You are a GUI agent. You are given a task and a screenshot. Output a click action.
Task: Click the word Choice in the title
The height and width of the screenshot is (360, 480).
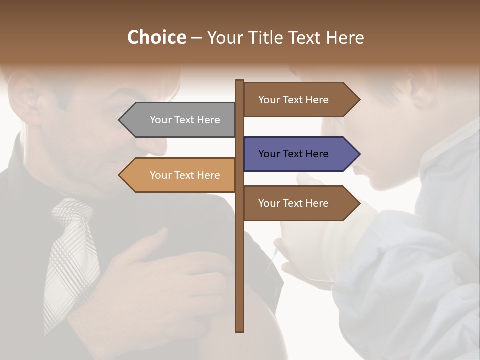(x=156, y=37)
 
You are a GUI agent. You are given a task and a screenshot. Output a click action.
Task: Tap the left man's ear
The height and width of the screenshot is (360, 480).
(x=25, y=97)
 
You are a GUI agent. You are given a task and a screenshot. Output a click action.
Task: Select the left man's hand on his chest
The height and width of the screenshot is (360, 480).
(x=165, y=270)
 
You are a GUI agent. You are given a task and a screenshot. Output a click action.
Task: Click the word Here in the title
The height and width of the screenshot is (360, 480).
(x=345, y=37)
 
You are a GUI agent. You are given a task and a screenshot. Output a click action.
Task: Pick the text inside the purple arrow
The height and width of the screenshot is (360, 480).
(x=293, y=154)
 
